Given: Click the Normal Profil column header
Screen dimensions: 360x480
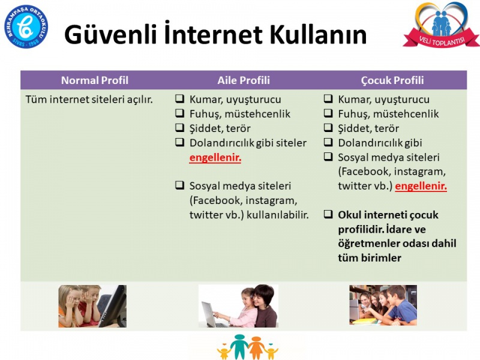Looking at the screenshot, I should coord(95,80).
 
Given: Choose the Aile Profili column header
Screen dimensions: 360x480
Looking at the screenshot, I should coord(243,80).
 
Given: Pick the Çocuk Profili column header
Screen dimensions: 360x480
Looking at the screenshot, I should coord(392,80).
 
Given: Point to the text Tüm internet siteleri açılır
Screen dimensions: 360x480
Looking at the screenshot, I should coord(89,100).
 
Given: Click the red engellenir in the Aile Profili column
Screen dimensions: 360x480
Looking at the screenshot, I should coord(215,158).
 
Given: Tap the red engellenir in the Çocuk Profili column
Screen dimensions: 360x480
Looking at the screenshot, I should coord(421,186).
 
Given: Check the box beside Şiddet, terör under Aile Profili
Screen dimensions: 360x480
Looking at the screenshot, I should coord(179,128).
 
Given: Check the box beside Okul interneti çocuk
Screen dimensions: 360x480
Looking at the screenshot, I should coord(328,215).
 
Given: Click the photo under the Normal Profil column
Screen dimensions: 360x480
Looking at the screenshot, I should coord(92,306).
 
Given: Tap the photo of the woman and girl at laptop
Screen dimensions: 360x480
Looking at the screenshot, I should coord(238,306).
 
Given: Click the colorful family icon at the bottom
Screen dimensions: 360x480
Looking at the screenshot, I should coord(247,347).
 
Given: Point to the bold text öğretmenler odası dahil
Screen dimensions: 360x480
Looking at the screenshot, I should coord(397,244).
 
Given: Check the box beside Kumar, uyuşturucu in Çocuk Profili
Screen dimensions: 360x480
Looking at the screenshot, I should coord(328,100).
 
